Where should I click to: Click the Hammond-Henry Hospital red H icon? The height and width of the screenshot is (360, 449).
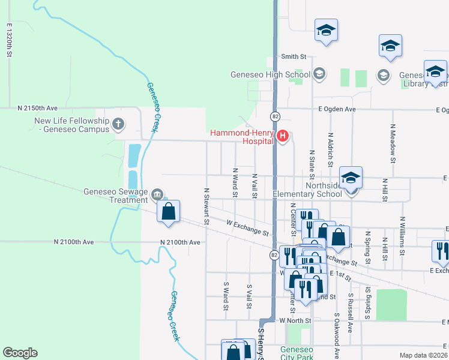pos(283,137)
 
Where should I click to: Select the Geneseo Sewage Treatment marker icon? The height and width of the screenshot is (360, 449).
pos(157,194)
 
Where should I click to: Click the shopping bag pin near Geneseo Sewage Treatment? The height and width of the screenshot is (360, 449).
pos(169,212)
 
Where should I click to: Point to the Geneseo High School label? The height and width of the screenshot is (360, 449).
pos(271,75)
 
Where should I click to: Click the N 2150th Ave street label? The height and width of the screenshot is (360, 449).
pos(37,108)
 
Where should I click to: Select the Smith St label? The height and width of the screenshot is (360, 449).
pos(294,57)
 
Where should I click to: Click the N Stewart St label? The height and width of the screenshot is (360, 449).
pos(206,206)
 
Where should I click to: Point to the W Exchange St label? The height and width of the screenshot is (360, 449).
pos(247,227)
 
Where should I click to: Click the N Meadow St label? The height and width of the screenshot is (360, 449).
pos(393,144)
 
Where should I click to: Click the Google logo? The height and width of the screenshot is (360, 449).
pos(20,353)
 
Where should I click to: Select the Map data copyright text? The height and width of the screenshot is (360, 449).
pos(423,355)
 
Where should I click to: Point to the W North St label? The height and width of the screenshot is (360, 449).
pos(295,321)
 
